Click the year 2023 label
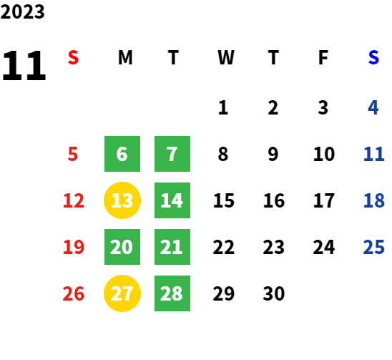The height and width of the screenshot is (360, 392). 22,11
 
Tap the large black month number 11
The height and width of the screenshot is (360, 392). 24,66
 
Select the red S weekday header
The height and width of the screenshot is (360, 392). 73,57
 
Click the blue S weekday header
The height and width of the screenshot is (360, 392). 373,57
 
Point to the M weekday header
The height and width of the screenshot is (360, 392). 125,57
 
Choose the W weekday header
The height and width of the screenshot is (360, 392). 226,57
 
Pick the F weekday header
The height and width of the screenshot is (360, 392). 323,57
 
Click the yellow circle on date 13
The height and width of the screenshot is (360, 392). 122,200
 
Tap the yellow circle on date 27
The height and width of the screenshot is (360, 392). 122,293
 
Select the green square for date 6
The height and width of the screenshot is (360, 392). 122,154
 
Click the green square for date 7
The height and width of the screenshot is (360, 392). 172,154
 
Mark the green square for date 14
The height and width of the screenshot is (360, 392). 172,200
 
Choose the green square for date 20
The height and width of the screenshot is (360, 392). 122,247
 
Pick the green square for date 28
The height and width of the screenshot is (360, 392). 172,293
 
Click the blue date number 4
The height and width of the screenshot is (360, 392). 373,107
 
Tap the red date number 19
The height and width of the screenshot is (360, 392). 74,247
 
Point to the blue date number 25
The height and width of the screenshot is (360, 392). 373,247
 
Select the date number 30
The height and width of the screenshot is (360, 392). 274,293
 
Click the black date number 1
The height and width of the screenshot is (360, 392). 223,107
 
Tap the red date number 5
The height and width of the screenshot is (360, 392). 73,154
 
